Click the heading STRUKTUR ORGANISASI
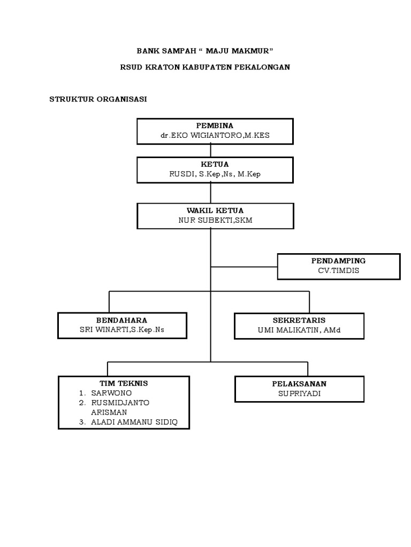tap(98, 99)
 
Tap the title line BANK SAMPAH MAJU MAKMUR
tap(205, 51)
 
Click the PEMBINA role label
tap(215, 126)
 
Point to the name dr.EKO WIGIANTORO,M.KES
tap(215, 135)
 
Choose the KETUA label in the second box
tap(215, 165)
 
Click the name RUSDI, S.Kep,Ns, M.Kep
tap(215, 174)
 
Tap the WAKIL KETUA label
tap(215, 210)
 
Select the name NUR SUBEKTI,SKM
tap(215, 221)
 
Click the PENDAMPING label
tap(338, 261)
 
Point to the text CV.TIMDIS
tap(338, 271)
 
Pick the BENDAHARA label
tap(121, 321)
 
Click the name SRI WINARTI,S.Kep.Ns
tap(122, 330)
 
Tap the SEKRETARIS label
tap(299, 321)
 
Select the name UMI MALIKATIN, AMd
tap(299, 330)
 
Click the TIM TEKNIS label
tap(124, 384)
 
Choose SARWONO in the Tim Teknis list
tap(111, 393)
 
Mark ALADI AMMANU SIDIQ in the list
tap(134, 423)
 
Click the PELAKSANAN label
tap(299, 384)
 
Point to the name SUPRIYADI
tap(300, 394)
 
